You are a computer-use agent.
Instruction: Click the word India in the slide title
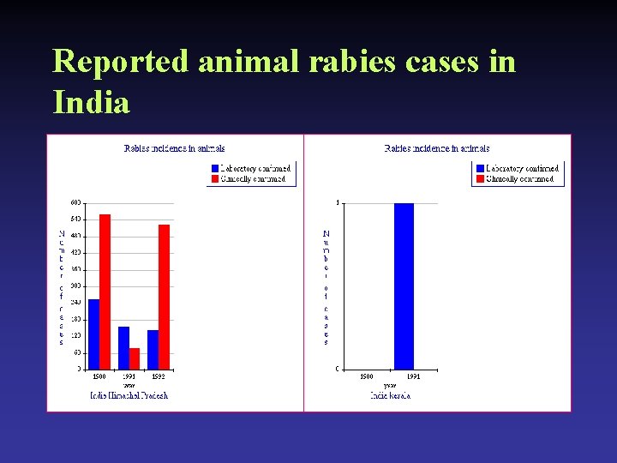click(91, 103)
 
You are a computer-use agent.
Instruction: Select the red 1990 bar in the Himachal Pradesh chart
click(105, 292)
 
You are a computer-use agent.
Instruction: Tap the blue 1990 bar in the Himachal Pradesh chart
click(93, 334)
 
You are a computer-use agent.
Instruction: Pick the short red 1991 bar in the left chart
click(135, 358)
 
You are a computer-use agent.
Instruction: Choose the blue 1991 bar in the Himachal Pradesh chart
click(123, 347)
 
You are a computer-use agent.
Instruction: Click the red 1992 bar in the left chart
click(164, 297)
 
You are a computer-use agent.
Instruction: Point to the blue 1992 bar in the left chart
click(153, 349)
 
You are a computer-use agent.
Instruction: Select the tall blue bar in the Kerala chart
click(404, 286)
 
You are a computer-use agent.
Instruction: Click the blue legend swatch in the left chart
click(214, 169)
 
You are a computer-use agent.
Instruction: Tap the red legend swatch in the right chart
click(479, 179)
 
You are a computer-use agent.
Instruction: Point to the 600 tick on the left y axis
click(75, 203)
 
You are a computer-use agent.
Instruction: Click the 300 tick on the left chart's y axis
click(75, 286)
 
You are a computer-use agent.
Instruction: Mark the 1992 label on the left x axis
click(158, 376)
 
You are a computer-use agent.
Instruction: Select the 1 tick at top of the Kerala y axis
click(338, 203)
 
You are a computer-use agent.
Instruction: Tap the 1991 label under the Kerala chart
click(412, 376)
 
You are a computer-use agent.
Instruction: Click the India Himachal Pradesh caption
click(129, 395)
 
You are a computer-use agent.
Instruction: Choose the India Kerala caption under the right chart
click(390, 395)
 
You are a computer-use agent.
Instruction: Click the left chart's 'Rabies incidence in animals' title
click(174, 149)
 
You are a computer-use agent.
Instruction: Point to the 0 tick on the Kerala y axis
click(338, 369)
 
